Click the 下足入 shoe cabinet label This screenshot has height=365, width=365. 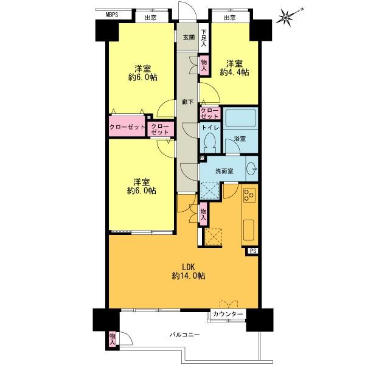204,38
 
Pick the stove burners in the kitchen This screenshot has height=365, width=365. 249,195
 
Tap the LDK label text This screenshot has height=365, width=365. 187,266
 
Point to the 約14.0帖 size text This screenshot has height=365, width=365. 187,276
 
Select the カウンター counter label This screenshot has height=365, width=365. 228,315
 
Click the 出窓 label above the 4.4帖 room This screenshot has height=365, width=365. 229,18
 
